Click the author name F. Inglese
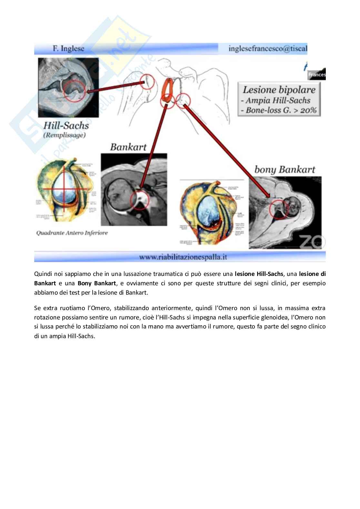[x=68, y=49]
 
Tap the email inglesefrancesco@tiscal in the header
[x=268, y=48]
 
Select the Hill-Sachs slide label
[x=66, y=125]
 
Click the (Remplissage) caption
[x=65, y=135]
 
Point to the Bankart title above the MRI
[x=128, y=147]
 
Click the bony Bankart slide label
[x=285, y=170]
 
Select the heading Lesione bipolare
[x=279, y=90]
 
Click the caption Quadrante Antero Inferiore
[x=72, y=233]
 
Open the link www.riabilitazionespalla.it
[x=183, y=257]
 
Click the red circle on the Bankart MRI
[x=140, y=200]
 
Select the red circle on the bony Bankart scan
[x=279, y=209]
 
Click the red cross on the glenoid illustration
[x=64, y=189]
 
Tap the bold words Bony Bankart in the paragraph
[x=97, y=283]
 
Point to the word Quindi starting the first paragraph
[x=42, y=274]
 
